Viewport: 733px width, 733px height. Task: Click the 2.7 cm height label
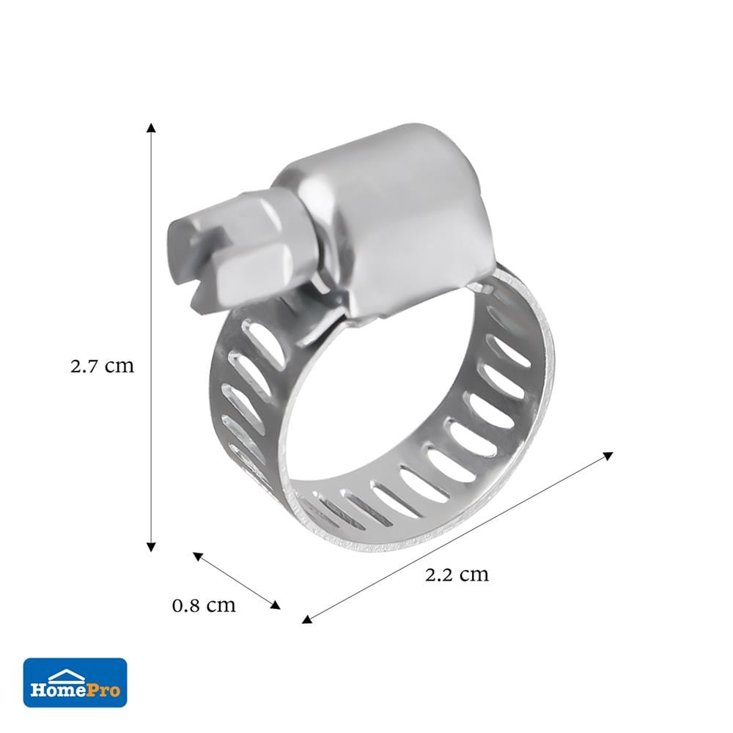103,366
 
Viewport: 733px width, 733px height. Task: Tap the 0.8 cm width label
204,605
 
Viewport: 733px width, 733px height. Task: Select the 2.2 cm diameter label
457,574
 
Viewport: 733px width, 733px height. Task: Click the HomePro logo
75,682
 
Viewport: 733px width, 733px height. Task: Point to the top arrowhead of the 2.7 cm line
150,128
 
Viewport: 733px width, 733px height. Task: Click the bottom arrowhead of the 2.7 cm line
150,547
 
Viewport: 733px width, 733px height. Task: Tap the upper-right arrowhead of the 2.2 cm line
608,456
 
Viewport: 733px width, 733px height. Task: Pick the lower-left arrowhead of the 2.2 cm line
306,619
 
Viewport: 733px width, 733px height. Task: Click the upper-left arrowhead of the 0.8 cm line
198,556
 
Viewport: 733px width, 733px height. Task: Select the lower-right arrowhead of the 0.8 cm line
276,605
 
